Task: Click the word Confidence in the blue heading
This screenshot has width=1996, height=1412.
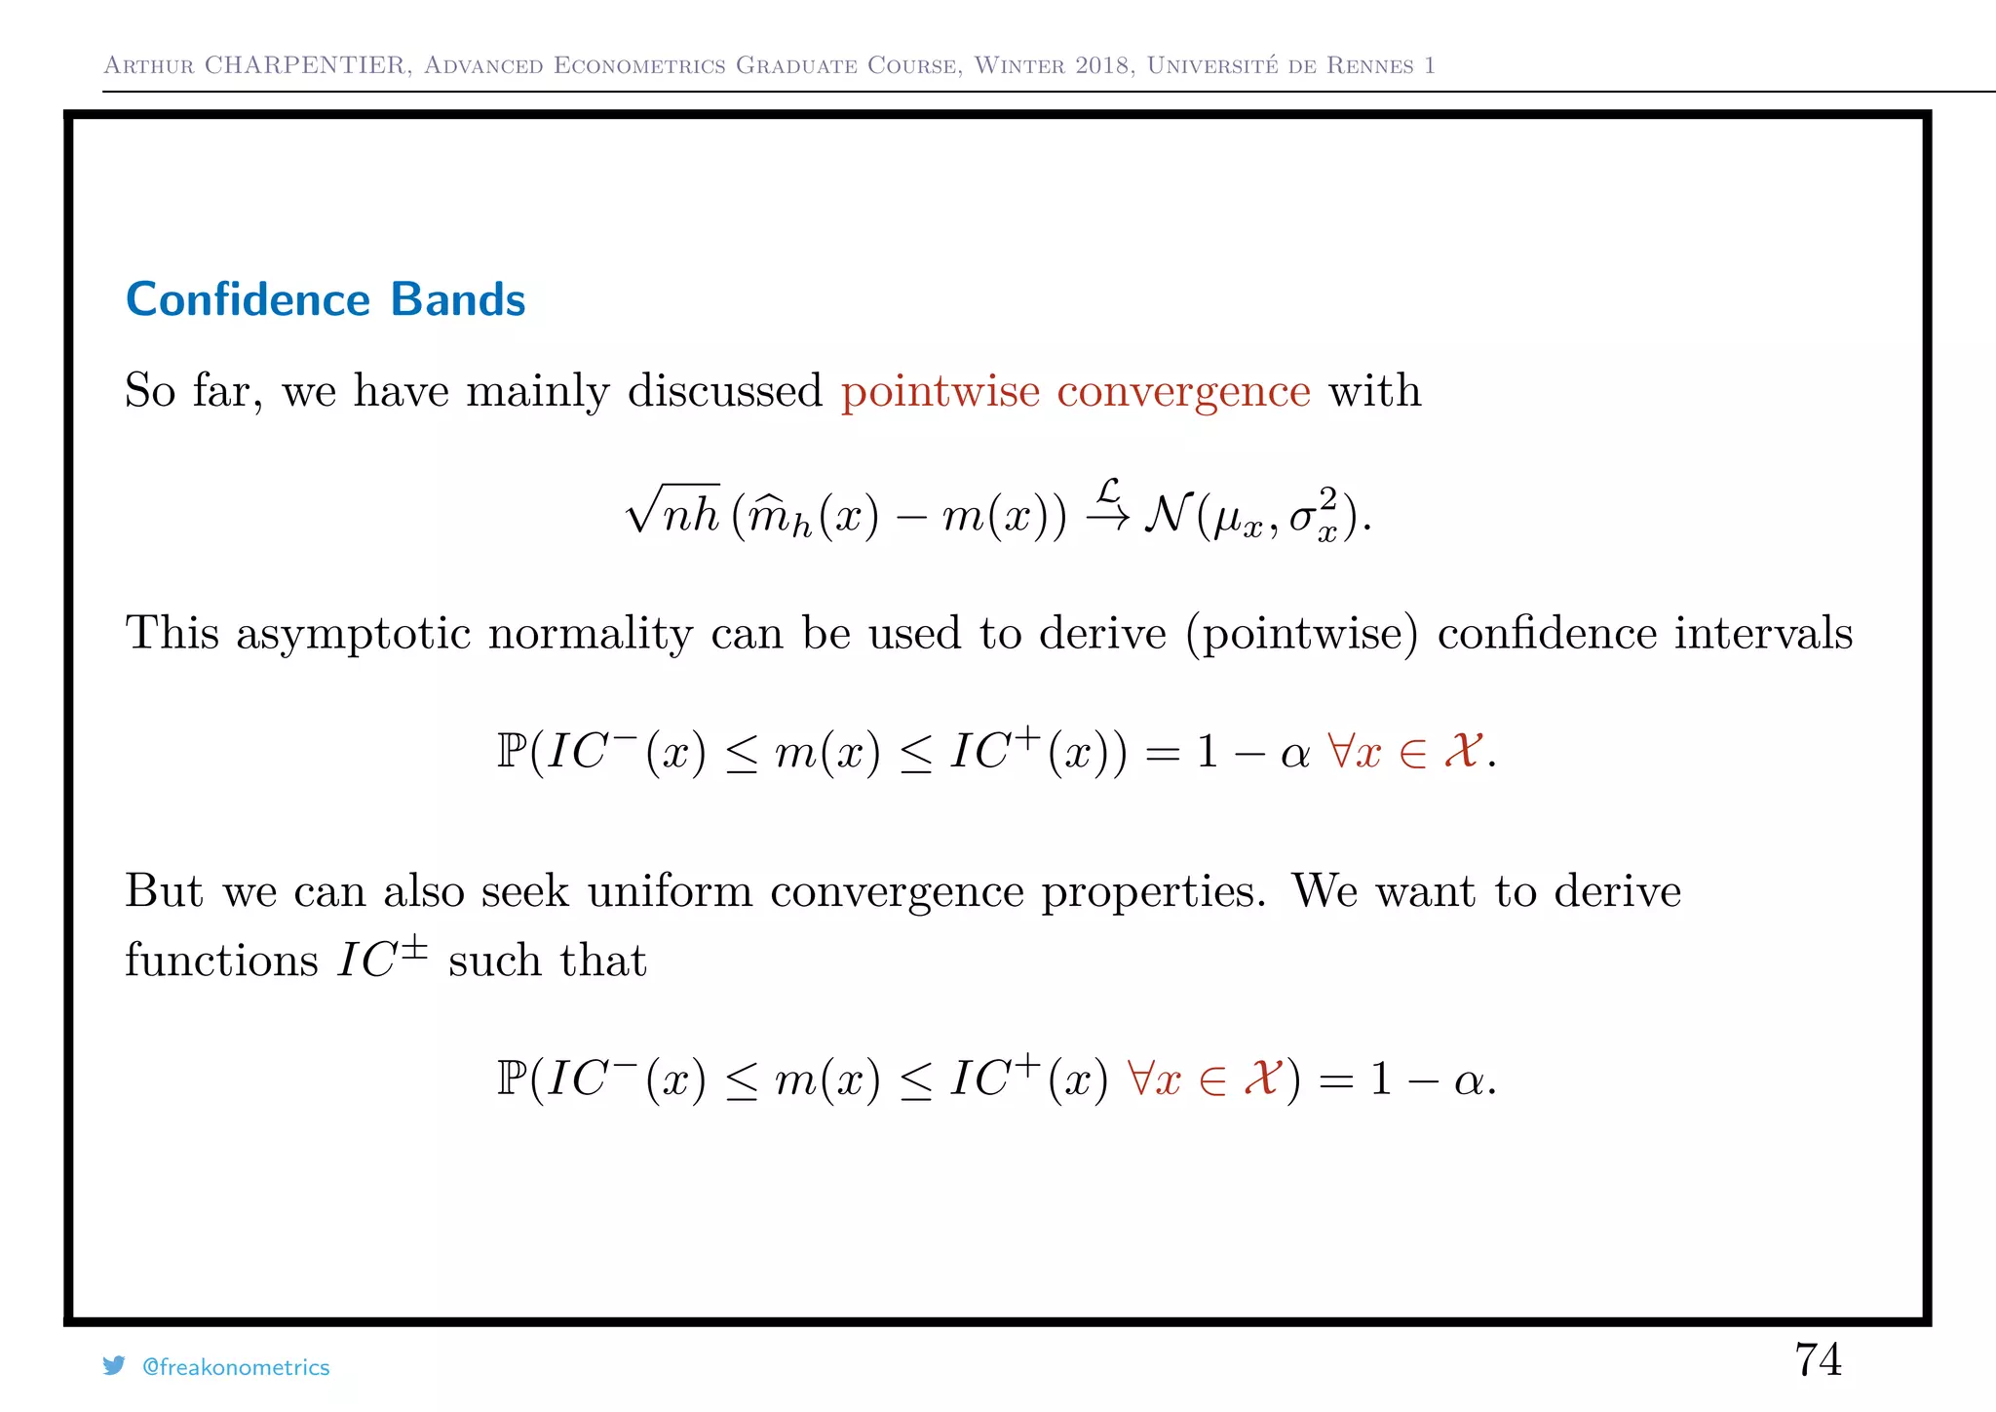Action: pos(248,299)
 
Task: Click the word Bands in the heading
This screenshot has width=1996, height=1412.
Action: pos(457,299)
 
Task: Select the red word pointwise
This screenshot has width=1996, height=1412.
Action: pos(940,392)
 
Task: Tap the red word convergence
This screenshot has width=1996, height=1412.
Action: pos(1183,392)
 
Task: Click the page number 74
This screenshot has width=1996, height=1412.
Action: pos(1818,1359)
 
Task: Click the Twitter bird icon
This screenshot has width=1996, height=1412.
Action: pos(114,1366)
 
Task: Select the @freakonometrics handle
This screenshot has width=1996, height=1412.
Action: pos(236,1367)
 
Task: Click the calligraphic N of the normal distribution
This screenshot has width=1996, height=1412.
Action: pos(1167,514)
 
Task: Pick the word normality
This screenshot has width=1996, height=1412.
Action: pos(590,635)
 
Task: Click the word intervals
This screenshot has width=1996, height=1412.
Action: pos(1763,633)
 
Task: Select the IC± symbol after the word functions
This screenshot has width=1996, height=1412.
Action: pos(382,959)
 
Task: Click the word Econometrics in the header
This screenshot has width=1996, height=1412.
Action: pos(639,65)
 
